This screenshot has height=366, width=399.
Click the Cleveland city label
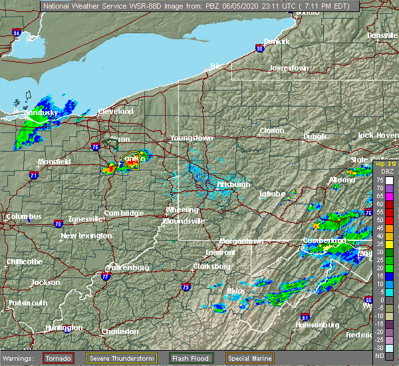click(116, 111)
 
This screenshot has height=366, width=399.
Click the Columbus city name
click(24, 217)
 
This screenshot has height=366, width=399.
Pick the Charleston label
click(120, 331)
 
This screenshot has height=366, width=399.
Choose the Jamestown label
click(289, 69)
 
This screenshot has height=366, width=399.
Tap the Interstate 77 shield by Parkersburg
click(105, 275)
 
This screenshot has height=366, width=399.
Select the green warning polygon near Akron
click(111, 142)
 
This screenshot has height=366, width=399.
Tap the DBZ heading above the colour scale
click(380, 171)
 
